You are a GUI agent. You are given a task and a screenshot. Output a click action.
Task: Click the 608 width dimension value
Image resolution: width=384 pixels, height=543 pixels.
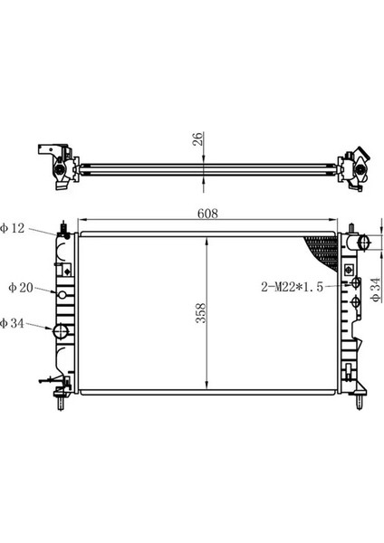[x=208, y=214]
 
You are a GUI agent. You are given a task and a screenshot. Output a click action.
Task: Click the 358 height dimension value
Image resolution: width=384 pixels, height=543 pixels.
[x=201, y=313]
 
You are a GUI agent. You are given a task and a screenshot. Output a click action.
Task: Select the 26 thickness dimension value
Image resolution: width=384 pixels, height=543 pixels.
[x=197, y=138]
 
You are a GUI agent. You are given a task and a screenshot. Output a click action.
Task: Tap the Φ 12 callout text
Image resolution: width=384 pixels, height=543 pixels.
[x=13, y=228]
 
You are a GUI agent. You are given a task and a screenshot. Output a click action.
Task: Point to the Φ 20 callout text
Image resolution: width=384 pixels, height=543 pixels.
[x=21, y=288]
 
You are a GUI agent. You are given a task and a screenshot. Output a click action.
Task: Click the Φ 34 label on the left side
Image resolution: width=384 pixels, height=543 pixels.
[x=13, y=323]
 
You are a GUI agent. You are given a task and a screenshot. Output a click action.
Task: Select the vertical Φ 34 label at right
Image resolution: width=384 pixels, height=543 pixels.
[x=376, y=290]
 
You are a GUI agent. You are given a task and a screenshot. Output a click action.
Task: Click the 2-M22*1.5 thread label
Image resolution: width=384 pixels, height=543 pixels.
[x=293, y=287]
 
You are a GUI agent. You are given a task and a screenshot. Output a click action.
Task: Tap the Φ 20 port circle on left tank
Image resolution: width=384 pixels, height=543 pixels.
[x=62, y=295]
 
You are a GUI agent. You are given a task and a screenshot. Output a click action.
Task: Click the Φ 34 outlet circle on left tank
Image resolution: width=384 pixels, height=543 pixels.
[x=61, y=332]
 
